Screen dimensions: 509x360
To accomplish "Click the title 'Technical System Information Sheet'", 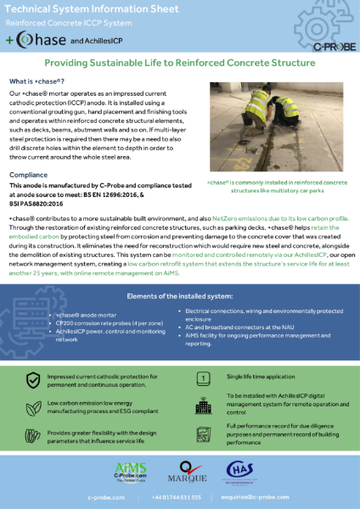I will coord(87,11).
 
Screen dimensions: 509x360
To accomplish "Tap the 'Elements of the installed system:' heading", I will coord(180,295).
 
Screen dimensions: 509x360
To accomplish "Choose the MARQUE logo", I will coord(181,469).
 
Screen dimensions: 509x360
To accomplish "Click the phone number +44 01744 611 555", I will coord(177,497).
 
